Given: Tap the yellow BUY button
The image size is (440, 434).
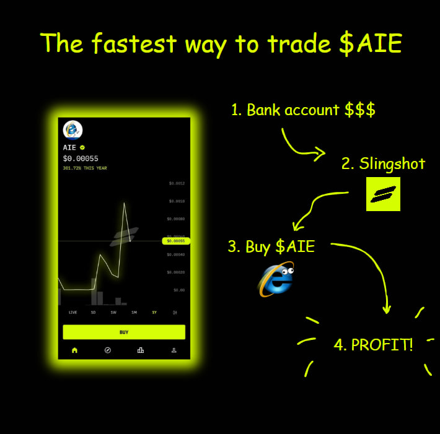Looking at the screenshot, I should pos(124,332).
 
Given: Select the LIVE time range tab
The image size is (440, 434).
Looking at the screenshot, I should pos(73,313).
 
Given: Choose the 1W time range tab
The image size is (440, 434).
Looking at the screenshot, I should pos(113,313).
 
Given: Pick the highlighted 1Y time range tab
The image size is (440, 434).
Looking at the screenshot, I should pos(154,313).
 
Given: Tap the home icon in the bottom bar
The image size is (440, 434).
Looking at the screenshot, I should pos(74,350).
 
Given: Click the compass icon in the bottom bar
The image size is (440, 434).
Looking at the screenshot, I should pos(107,350).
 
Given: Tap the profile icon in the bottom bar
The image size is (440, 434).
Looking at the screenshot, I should pos(174,350).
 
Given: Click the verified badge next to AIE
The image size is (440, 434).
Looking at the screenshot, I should pos(82,148).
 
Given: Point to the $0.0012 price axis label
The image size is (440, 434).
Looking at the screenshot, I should pos(177,183).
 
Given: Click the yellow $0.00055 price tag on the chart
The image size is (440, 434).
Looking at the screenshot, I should pos(175,240).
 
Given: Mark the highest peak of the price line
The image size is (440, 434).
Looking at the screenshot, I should pos(125,202).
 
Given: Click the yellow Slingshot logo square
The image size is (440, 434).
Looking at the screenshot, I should pos(383,194).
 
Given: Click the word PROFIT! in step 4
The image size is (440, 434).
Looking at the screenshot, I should pos(382,345).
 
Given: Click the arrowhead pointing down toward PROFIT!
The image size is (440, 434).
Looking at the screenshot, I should pos(387,309).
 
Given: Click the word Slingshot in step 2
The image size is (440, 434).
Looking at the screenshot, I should pos(392,163).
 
